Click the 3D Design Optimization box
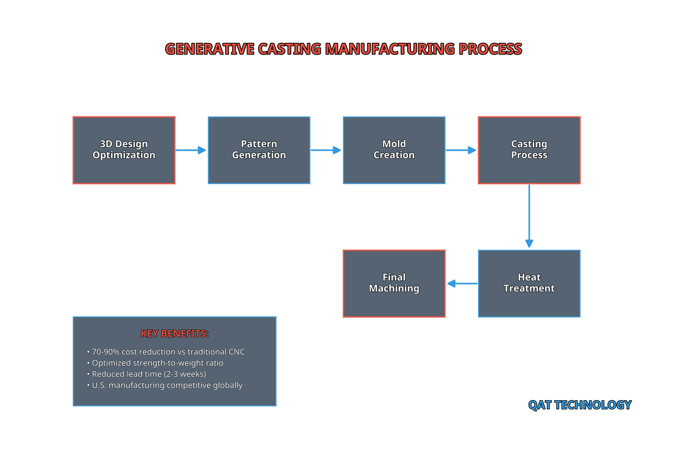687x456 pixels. [124, 150]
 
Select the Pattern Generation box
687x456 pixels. [259, 150]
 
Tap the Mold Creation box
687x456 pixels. [394, 150]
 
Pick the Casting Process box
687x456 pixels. [529, 150]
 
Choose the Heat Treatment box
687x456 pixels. [529, 283]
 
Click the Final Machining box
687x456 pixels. [394, 283]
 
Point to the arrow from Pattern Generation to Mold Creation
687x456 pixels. [326, 150]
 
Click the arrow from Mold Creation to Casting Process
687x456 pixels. [461, 150]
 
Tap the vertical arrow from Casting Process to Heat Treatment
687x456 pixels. [529, 217]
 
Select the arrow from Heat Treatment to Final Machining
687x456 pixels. [462, 283]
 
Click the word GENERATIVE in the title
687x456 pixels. [210, 49]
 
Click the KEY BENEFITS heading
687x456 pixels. [175, 334]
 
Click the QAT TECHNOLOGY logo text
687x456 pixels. [580, 405]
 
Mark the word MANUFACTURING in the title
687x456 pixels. [390, 49]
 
